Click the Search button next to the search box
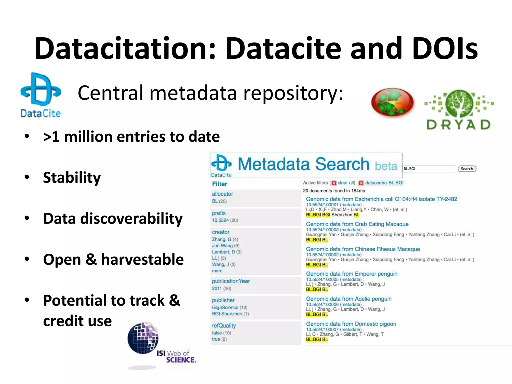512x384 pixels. [467, 169]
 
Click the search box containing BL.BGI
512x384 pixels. [429, 169]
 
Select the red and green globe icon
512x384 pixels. [392, 103]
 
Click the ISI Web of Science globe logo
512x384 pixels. [143, 338]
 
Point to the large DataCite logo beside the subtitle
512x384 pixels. [41, 95]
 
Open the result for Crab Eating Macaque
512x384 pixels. [357, 224]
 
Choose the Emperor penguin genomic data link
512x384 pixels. [351, 274]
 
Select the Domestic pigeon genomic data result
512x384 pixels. [351, 324]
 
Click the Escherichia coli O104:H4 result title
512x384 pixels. [381, 199]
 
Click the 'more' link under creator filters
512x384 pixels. [217, 271]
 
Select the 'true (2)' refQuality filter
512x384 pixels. [219, 339]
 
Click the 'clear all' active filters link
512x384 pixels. [345, 183]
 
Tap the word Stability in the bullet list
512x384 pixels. [72, 177]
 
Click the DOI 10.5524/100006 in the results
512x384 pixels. [322, 304]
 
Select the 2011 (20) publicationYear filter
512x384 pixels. [221, 288]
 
